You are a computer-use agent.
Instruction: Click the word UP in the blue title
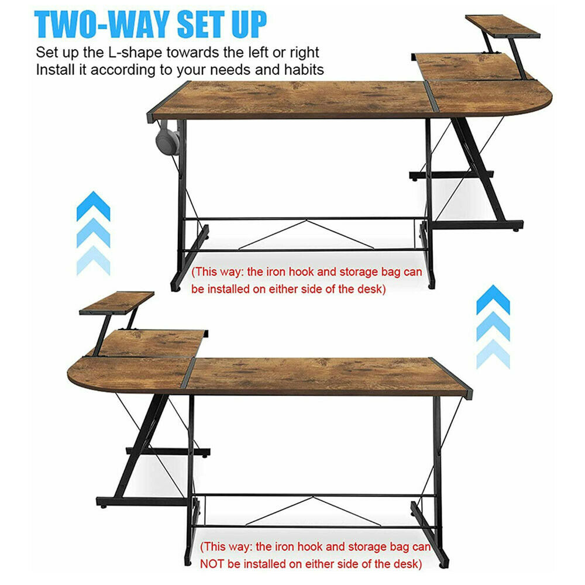(x=249, y=24)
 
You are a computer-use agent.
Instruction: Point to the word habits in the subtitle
(x=304, y=70)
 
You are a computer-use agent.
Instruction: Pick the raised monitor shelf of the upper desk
(x=503, y=26)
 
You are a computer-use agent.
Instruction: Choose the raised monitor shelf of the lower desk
(x=117, y=302)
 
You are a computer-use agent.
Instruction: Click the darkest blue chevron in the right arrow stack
(x=493, y=300)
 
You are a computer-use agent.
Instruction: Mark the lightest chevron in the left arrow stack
(x=93, y=261)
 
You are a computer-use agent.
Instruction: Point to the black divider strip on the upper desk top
(x=431, y=97)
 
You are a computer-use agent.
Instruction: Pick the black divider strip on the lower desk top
(x=188, y=373)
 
